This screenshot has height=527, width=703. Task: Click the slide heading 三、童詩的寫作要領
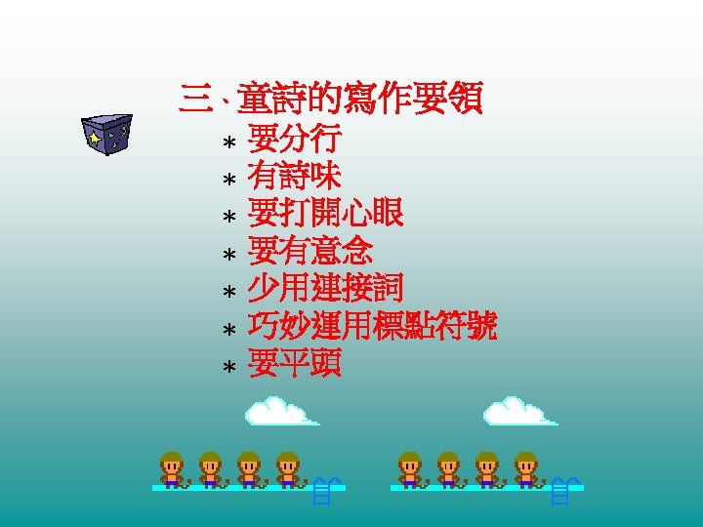tap(332, 99)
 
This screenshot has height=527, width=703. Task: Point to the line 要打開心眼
tap(326, 214)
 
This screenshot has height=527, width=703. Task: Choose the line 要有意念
tap(310, 251)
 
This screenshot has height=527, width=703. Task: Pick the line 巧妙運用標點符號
tap(373, 326)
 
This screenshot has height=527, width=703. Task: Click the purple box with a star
tap(106, 134)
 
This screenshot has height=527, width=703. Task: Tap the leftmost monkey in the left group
tap(173, 468)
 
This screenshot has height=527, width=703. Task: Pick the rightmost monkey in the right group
tap(525, 468)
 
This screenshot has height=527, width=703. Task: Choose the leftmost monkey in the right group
tap(411, 468)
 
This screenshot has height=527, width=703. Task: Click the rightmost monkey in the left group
tap(286, 468)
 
